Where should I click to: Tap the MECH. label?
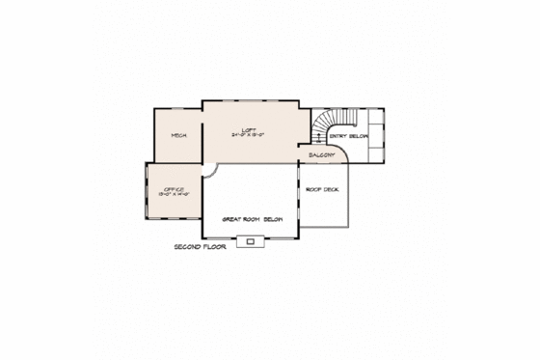point(178,136)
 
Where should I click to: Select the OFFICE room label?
point(174,189)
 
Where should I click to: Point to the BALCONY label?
point(321,154)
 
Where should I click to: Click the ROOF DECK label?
point(322,189)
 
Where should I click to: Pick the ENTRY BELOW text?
point(349,137)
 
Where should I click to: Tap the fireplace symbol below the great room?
point(250,241)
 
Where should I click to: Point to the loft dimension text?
point(250,136)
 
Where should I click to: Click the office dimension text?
point(174,195)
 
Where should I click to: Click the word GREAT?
point(231,219)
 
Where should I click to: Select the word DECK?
point(331,189)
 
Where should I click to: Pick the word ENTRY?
point(338,137)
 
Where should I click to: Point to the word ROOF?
point(313,189)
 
